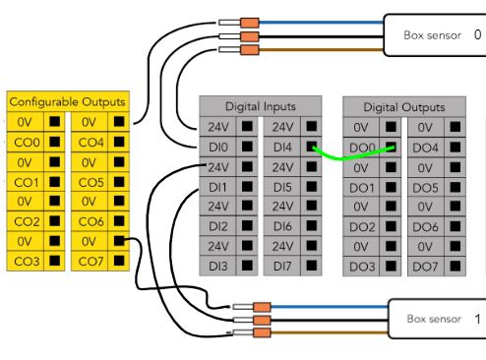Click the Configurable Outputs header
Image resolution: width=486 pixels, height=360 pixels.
click(67, 102)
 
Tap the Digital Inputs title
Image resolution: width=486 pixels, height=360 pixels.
click(261, 106)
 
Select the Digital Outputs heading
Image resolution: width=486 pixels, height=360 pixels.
click(404, 107)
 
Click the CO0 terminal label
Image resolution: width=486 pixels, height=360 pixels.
click(27, 143)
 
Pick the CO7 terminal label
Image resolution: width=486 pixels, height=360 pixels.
click(91, 262)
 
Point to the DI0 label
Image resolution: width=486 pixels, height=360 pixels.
click(218, 148)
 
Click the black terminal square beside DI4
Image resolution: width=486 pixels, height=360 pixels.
click(311, 147)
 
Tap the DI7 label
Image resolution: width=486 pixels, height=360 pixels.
click(282, 267)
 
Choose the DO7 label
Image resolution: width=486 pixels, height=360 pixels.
click(425, 267)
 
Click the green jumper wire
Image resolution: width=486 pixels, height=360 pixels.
click(352, 157)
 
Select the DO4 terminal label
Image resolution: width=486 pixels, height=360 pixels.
click(425, 149)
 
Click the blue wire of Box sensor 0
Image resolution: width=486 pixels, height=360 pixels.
click(321, 23)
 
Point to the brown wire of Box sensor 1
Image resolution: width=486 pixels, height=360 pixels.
click(330, 332)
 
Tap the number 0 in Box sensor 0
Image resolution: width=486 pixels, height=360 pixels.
click(477, 34)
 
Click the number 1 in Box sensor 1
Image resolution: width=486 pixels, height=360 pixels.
click(477, 319)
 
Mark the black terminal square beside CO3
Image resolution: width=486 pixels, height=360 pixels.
click(54, 261)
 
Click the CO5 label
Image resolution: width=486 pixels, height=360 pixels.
click(91, 183)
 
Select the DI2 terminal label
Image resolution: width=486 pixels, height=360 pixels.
click(218, 226)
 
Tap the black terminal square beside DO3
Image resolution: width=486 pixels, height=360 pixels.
click(391, 266)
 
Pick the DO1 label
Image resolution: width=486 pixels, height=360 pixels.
click(362, 188)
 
